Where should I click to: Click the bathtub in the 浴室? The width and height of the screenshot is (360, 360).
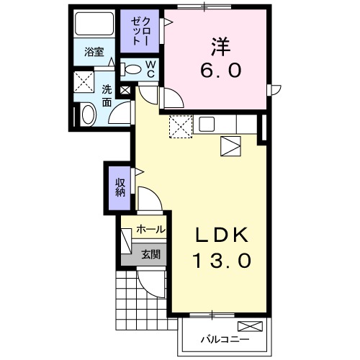[x=94, y=26]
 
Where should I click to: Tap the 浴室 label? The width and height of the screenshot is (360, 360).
[x=94, y=52]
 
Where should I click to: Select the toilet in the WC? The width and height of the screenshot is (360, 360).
[x=133, y=69]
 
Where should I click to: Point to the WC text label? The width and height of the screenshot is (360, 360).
[x=151, y=68]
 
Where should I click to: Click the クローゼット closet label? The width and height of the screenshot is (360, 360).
[x=140, y=31]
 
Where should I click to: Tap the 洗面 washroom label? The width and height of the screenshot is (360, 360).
[x=106, y=97]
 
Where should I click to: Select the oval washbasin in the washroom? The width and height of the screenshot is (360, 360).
[x=87, y=114]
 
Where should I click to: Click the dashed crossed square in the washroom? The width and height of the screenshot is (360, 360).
[x=85, y=81]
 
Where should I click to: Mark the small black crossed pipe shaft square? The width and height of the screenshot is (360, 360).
[x=125, y=91]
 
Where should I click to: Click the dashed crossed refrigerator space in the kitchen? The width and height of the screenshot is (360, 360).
[x=180, y=127]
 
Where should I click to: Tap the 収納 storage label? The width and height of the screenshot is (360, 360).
[x=120, y=186]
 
